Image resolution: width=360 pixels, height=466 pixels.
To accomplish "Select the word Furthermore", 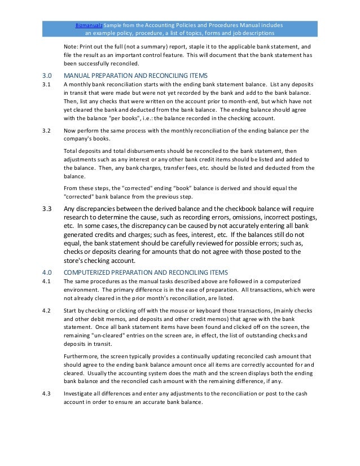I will pos(83,357).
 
